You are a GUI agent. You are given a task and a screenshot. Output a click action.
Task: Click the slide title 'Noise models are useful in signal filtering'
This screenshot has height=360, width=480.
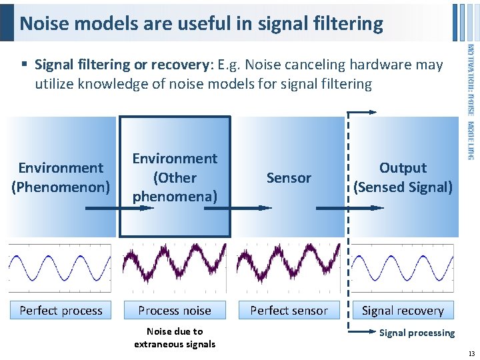coord(201,24)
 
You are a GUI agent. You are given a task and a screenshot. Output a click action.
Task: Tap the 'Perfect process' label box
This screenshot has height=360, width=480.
coord(61,310)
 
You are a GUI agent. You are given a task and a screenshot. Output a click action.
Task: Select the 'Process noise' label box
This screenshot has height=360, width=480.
coord(175,310)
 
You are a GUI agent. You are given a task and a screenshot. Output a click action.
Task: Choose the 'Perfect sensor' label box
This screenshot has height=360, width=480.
coord(289,310)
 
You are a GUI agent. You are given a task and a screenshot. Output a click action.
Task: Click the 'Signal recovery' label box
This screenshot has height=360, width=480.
coord(402,310)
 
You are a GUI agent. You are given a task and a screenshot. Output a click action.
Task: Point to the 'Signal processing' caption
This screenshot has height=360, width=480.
coord(417,333)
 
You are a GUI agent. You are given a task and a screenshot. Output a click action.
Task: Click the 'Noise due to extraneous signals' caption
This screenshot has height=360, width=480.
coord(175,337)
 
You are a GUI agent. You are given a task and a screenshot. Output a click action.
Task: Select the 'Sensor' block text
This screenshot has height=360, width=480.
coord(289,178)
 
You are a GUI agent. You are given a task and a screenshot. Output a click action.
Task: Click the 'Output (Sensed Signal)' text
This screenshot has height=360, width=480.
coord(403,177)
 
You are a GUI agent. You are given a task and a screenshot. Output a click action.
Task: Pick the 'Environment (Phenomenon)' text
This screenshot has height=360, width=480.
coord(61,177)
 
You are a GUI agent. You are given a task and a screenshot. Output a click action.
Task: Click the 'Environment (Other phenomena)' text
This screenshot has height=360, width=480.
coord(175,177)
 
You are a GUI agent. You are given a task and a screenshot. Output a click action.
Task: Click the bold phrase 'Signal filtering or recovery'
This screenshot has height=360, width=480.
coord(121,65)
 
